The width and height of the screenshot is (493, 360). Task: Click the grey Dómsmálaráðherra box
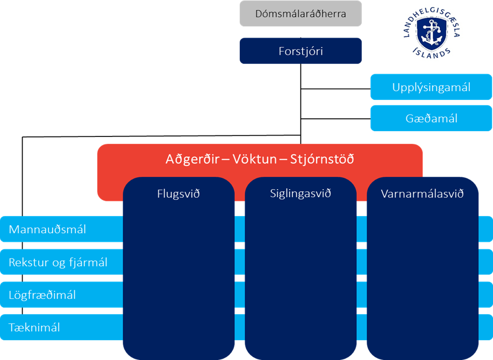coord(301,13)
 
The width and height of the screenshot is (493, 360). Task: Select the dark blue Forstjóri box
coord(301,51)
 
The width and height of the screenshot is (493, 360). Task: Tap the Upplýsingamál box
coord(431,87)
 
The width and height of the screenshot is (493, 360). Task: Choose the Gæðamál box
coord(431,118)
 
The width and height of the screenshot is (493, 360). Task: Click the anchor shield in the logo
coord(432,33)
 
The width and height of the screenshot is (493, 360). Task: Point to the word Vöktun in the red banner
coord(255,159)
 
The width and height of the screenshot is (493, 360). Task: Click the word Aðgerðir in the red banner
coord(192,159)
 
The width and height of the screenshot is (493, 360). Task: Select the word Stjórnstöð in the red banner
coord(322,159)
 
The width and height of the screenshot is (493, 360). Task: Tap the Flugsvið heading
coord(178,193)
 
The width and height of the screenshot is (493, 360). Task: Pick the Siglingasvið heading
coord(301,193)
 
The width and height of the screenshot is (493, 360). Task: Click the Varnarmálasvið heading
coord(422,193)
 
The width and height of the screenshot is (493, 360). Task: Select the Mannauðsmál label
coord(47,229)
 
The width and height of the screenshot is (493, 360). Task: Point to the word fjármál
coord(88,262)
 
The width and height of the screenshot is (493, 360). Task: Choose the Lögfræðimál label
coord(42,295)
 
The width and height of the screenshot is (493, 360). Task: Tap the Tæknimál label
coord(34,328)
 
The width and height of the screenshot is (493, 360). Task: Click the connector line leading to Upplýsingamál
coord(335,89)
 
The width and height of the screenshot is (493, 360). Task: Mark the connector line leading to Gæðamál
coord(335,119)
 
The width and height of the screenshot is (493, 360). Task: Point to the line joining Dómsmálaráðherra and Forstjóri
coord(301,32)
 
